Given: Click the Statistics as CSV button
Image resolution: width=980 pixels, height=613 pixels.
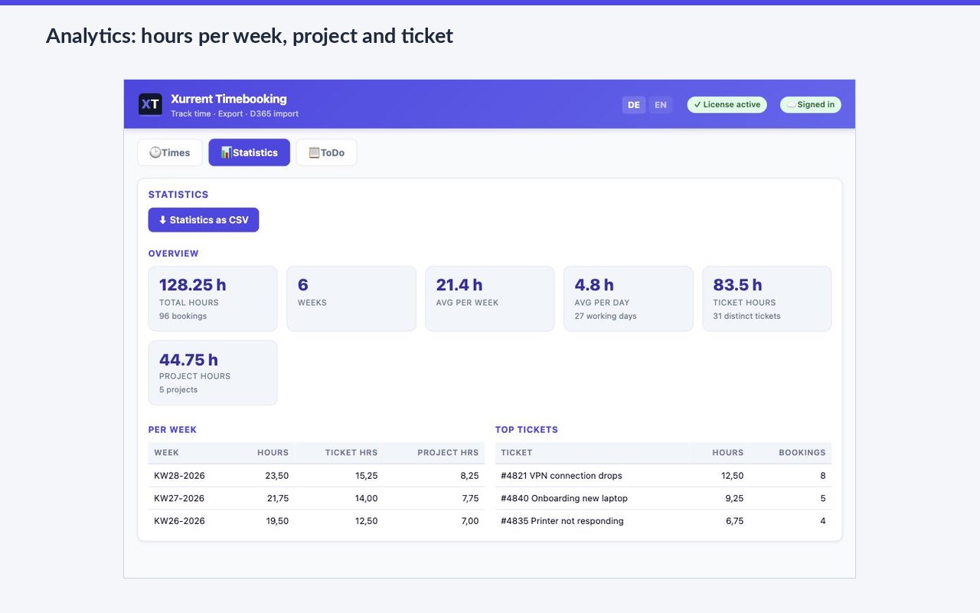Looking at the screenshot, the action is [x=204, y=220].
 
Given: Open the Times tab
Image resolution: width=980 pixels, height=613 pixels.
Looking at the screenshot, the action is [x=170, y=152].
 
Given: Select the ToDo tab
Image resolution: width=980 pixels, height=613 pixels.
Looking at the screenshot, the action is [x=326, y=152].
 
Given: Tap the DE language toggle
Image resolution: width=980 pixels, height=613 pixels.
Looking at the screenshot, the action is [x=633, y=105].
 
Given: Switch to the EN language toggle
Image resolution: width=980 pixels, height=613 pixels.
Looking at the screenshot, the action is [x=660, y=105].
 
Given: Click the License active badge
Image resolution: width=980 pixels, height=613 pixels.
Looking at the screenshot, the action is [x=727, y=105].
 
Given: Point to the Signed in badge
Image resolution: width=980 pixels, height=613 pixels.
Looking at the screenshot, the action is [x=810, y=105].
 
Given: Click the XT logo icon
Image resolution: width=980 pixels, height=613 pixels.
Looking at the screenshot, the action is [x=150, y=104].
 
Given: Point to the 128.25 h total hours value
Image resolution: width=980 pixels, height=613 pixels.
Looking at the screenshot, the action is [x=192, y=285].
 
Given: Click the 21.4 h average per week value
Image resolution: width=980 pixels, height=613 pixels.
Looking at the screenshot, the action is [x=459, y=285].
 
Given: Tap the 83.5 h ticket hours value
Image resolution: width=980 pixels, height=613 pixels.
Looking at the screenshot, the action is [x=737, y=285].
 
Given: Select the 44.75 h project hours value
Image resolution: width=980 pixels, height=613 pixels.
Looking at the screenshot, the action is [x=188, y=360].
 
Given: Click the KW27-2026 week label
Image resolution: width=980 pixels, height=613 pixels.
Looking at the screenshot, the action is [x=179, y=498].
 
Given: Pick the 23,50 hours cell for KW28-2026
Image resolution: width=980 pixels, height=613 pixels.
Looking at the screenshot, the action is [x=276, y=476].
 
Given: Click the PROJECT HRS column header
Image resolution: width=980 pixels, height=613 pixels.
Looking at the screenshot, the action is [x=448, y=452].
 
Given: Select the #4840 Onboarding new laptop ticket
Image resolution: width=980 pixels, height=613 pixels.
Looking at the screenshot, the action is [x=564, y=498].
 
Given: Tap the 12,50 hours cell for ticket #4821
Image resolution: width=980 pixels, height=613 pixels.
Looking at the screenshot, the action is [x=732, y=476].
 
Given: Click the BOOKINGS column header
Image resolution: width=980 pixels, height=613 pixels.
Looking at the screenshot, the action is [x=802, y=452].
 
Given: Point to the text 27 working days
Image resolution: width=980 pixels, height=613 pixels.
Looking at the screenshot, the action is [x=606, y=316].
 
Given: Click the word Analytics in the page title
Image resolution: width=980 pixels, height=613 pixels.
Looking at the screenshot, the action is [x=91, y=36].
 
